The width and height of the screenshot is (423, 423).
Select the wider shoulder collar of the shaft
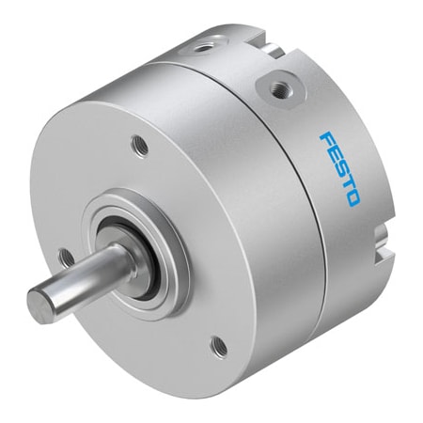point(117,259)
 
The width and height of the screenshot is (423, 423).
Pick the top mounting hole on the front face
point(138,146)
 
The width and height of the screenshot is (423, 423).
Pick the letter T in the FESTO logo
point(346,184)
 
